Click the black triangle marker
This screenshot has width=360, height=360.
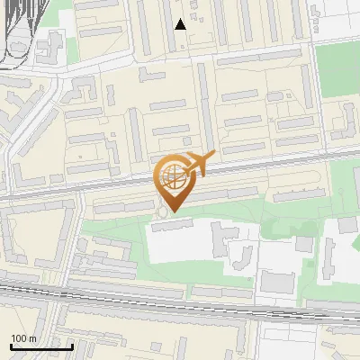pos(181,24)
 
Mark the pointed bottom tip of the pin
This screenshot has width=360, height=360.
pos(172,211)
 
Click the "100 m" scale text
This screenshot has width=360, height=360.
pos(23,338)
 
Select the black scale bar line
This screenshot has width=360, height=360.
pos(41,346)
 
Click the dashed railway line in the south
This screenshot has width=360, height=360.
pos(180,306)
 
